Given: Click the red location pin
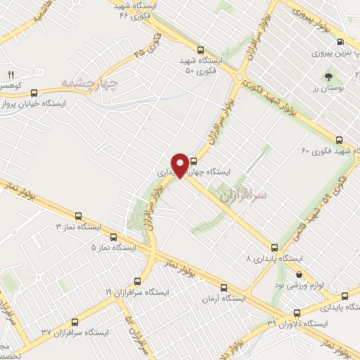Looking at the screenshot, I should [181, 165].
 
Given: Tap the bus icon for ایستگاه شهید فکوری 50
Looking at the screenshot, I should [201, 50].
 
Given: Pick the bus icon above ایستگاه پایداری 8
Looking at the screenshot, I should [274, 247].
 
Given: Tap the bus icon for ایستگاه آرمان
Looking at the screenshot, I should [224, 287].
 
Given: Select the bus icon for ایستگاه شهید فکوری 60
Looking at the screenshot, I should [340, 140].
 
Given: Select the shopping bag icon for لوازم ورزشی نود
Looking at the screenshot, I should [300, 274].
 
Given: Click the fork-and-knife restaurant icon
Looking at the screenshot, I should [11, 75].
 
